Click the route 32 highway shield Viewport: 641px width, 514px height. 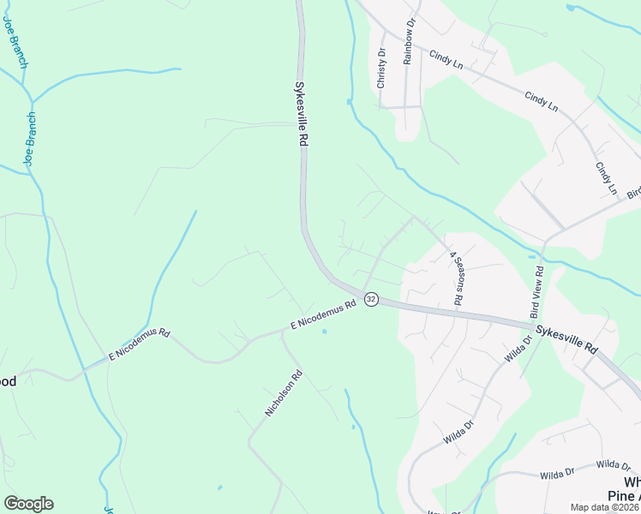tap(371, 299)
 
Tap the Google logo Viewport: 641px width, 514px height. tap(28, 504)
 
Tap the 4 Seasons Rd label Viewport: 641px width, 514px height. tap(458, 279)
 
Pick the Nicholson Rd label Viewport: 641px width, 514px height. tap(285, 393)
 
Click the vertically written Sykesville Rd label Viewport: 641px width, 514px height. tap(301, 115)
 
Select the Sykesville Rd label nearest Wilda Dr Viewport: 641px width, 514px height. tap(566, 338)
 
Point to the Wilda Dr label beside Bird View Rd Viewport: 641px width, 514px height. tap(518, 351)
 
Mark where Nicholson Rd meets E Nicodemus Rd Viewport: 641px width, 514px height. tap(282, 331)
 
